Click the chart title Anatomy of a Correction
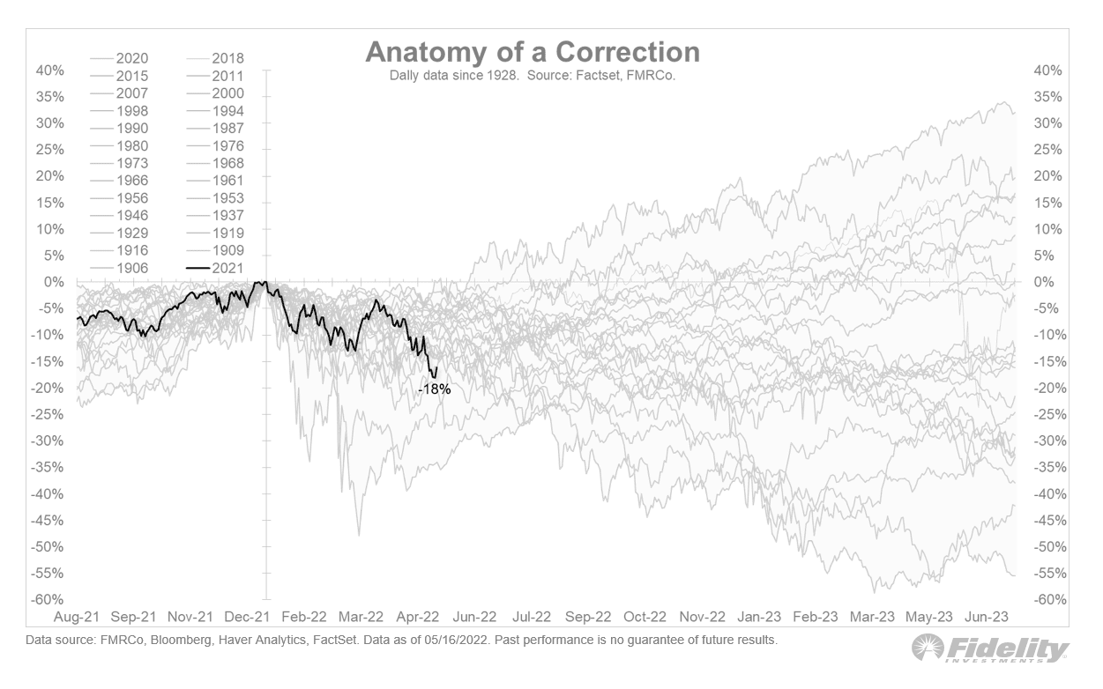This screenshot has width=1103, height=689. click(x=533, y=52)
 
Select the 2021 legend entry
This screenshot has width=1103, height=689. click(x=227, y=268)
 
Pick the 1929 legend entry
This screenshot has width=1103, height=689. click(x=131, y=233)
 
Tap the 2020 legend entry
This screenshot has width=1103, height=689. click(x=131, y=58)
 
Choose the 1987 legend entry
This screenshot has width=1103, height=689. click(x=227, y=128)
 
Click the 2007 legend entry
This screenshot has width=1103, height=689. click(x=131, y=93)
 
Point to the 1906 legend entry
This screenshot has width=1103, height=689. click(x=131, y=268)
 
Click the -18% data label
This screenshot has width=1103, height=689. click(x=435, y=389)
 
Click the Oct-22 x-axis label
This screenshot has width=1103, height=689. click(x=645, y=617)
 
